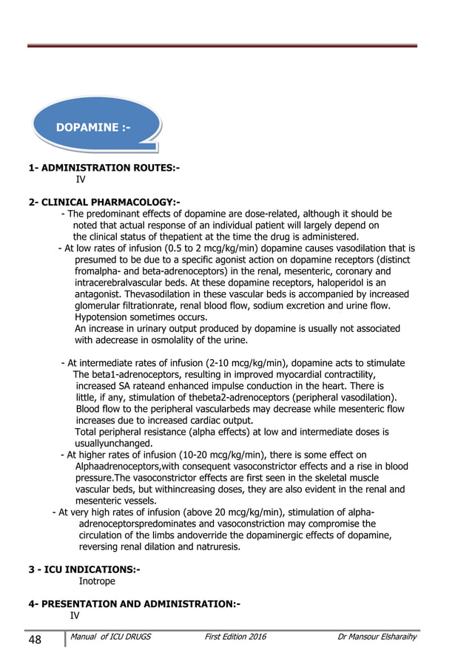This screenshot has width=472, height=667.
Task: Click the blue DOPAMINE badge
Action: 94,127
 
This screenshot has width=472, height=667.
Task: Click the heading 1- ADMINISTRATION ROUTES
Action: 104,169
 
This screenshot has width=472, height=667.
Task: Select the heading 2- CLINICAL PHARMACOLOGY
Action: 104,202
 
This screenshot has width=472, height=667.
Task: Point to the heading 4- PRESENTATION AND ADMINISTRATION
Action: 135,603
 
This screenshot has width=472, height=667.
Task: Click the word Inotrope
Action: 97,581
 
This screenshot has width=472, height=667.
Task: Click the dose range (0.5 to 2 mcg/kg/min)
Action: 215,248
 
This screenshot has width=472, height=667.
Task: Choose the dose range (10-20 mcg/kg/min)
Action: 215,455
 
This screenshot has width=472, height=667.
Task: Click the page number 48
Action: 36,638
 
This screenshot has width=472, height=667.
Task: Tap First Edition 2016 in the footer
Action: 235,637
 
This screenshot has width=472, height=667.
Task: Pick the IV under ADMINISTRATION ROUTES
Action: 81,179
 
